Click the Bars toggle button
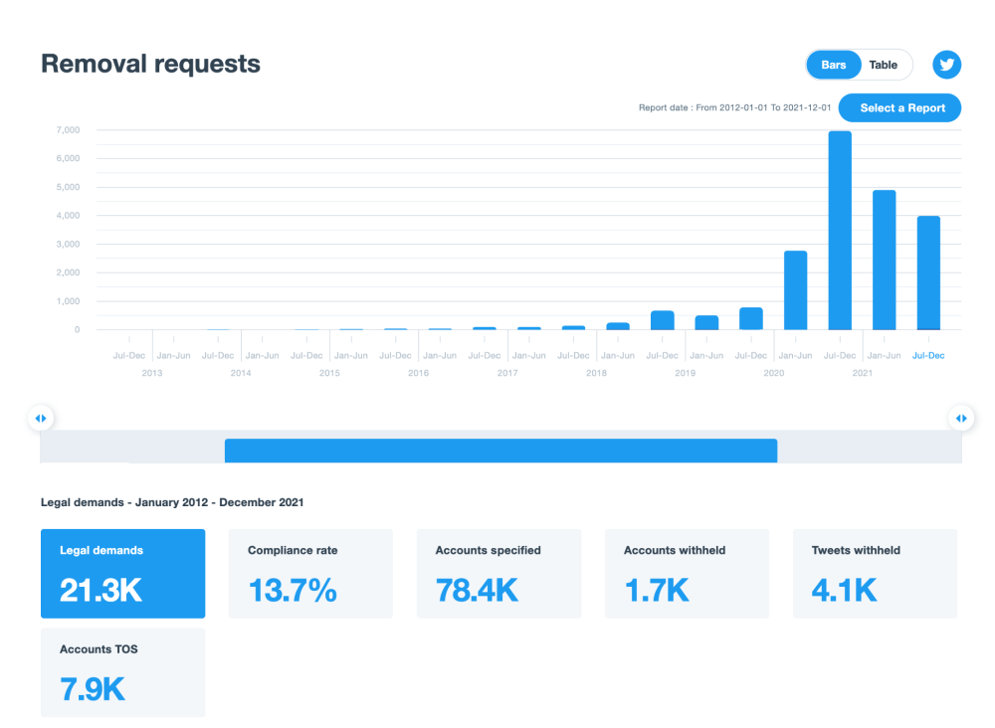pyautogui.click(x=833, y=65)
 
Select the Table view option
pyautogui.click(x=883, y=65)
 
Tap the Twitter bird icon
pyautogui.click(x=946, y=65)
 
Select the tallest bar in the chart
pyautogui.click(x=839, y=230)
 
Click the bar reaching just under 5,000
pyautogui.click(x=884, y=260)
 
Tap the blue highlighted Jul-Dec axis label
pyautogui.click(x=928, y=355)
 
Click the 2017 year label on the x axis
pyautogui.click(x=507, y=373)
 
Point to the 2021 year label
pyautogui.click(x=862, y=373)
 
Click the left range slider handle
pyautogui.click(x=40, y=419)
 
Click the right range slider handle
pyautogui.click(x=961, y=419)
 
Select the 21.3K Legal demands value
pyautogui.click(x=100, y=590)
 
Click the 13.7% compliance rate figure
pyautogui.click(x=293, y=590)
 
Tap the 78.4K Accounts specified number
pyautogui.click(x=477, y=590)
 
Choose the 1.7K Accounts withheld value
pyautogui.click(x=657, y=590)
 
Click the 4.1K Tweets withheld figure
pyautogui.click(x=844, y=590)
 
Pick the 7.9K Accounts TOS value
pyautogui.click(x=93, y=689)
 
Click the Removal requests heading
pyautogui.click(x=150, y=65)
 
